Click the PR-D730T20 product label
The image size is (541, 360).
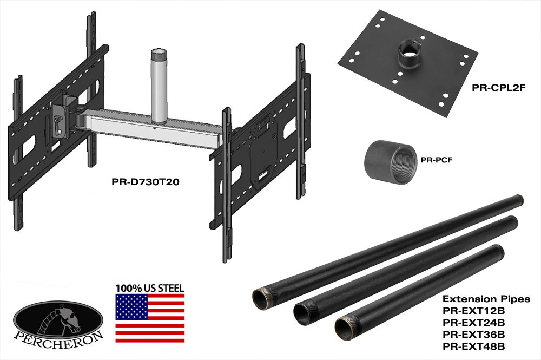[x=145, y=182]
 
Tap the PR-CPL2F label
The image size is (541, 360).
[x=499, y=88]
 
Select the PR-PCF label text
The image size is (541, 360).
[x=437, y=160]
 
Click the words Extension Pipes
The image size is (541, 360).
[x=486, y=299]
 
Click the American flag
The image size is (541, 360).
[x=150, y=318]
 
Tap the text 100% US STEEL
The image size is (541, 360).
[x=150, y=288]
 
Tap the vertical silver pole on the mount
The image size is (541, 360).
[x=160, y=86]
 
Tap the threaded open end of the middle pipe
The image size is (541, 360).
[x=304, y=311]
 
